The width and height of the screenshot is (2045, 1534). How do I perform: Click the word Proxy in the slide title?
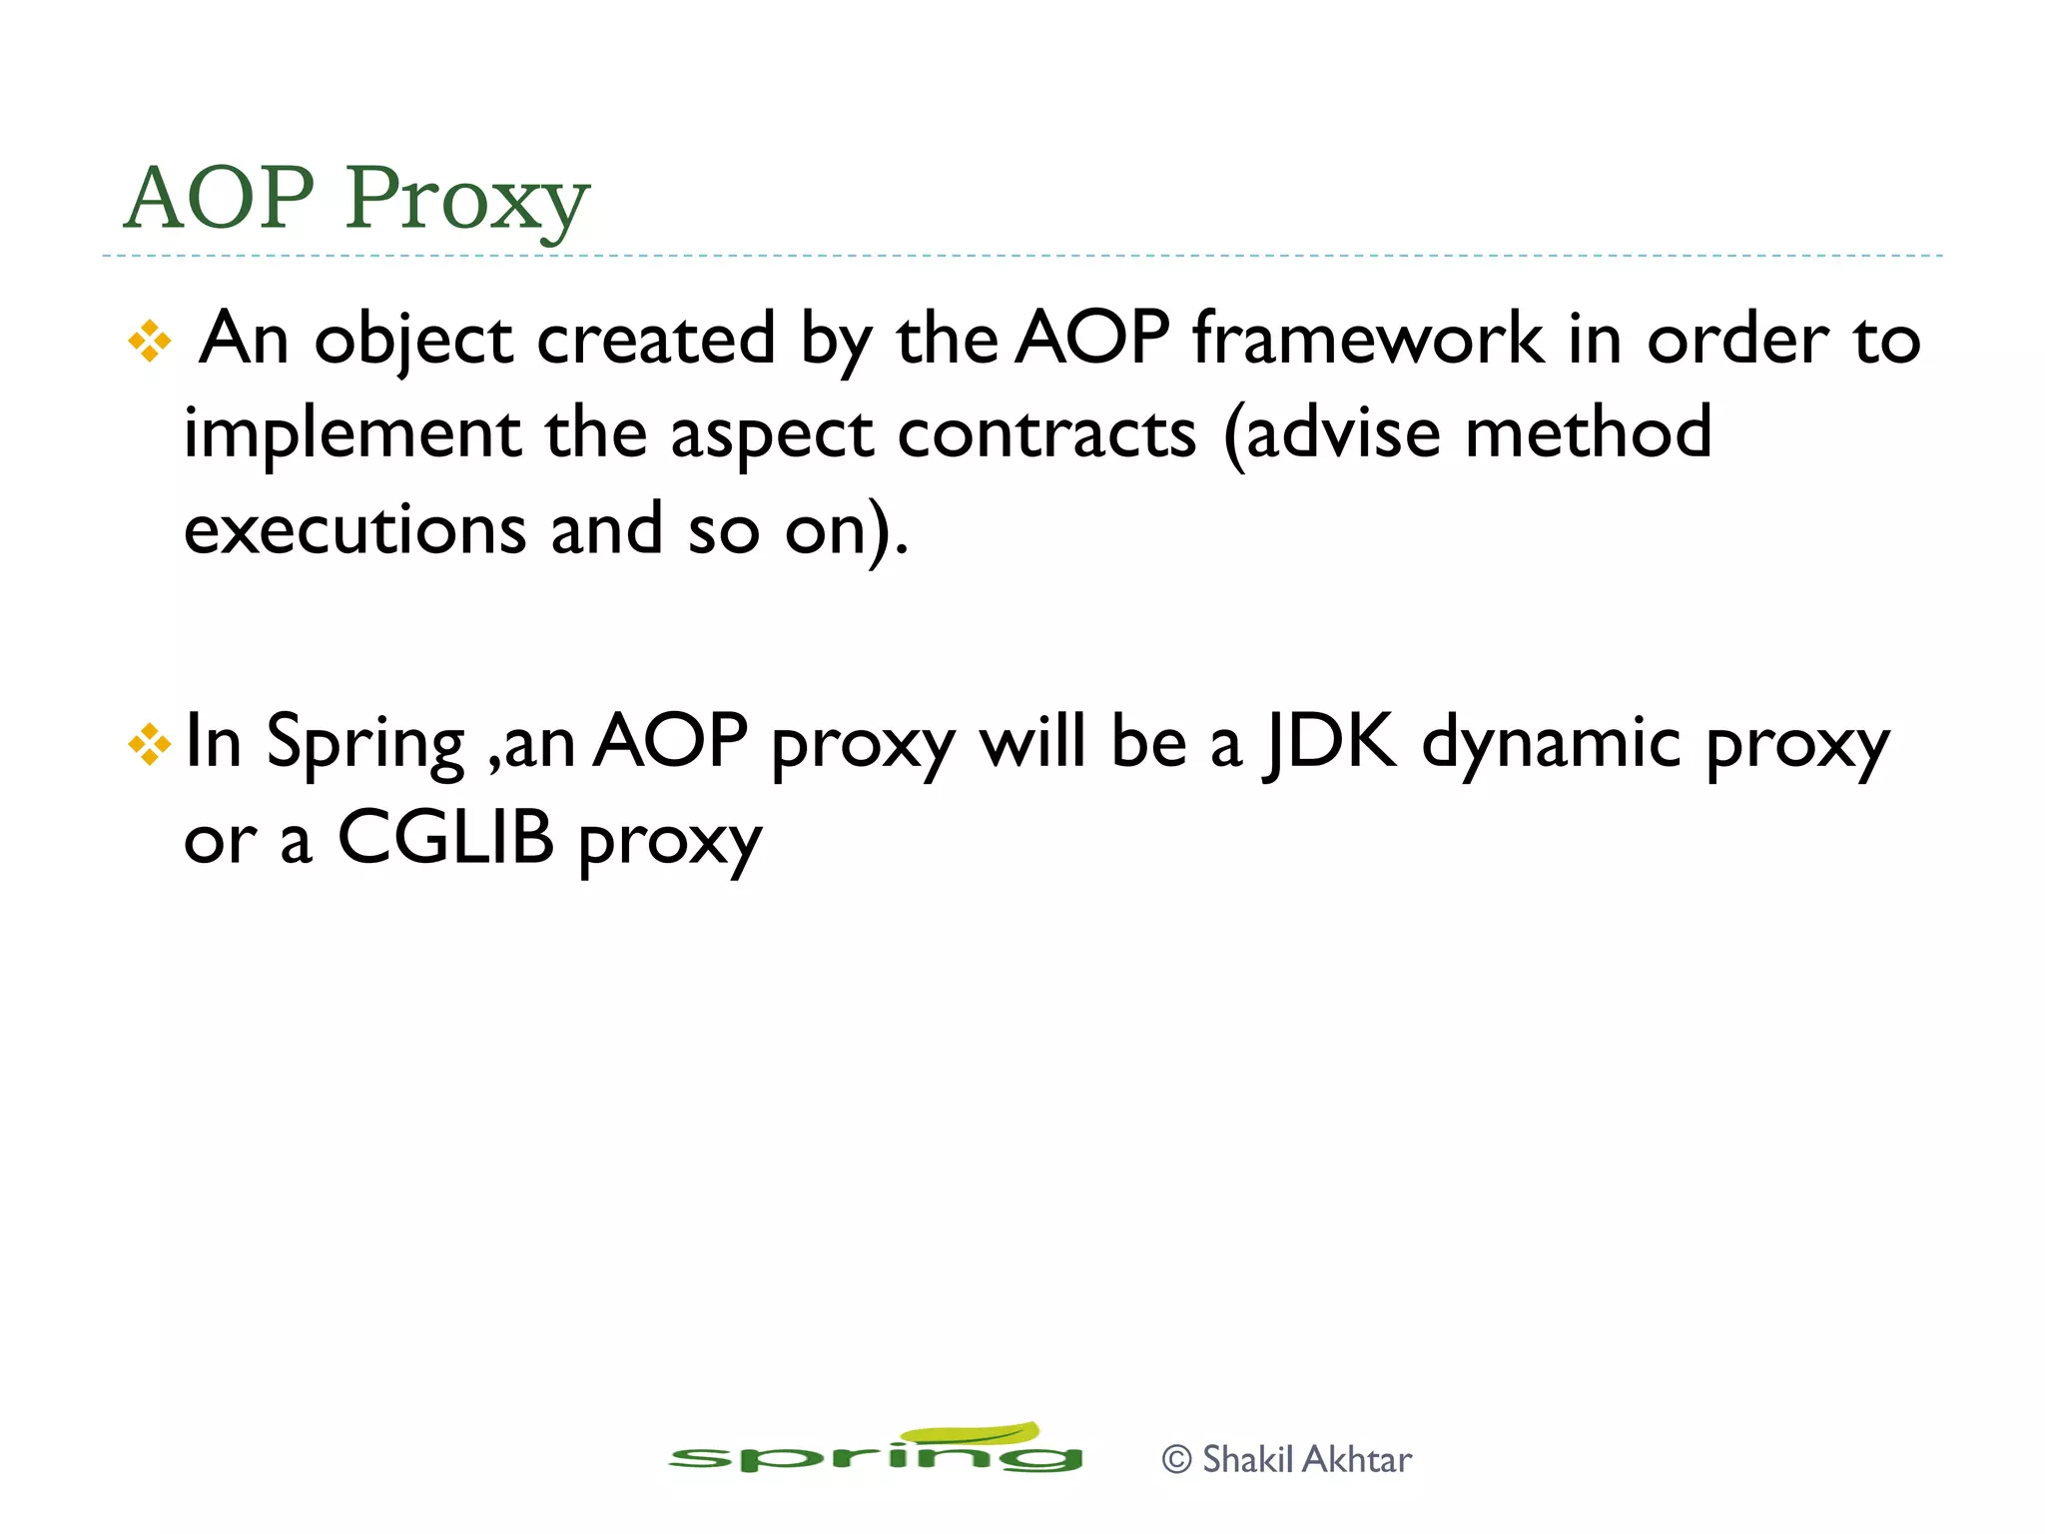[x=466, y=200]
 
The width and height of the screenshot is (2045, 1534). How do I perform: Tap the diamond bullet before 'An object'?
[x=150, y=342]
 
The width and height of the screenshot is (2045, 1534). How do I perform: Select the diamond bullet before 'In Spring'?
[x=150, y=745]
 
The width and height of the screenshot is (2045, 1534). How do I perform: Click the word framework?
[x=1368, y=340]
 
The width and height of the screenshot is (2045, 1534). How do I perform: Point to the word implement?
[x=351, y=435]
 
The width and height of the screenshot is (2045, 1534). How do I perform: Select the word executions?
[x=355, y=529]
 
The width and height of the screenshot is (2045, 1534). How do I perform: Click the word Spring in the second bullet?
[x=365, y=744]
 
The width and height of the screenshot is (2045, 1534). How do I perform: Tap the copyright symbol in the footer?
[x=1177, y=1460]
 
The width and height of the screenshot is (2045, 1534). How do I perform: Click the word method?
[x=1588, y=433]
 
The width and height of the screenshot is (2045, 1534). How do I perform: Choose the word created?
[x=655, y=340]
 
